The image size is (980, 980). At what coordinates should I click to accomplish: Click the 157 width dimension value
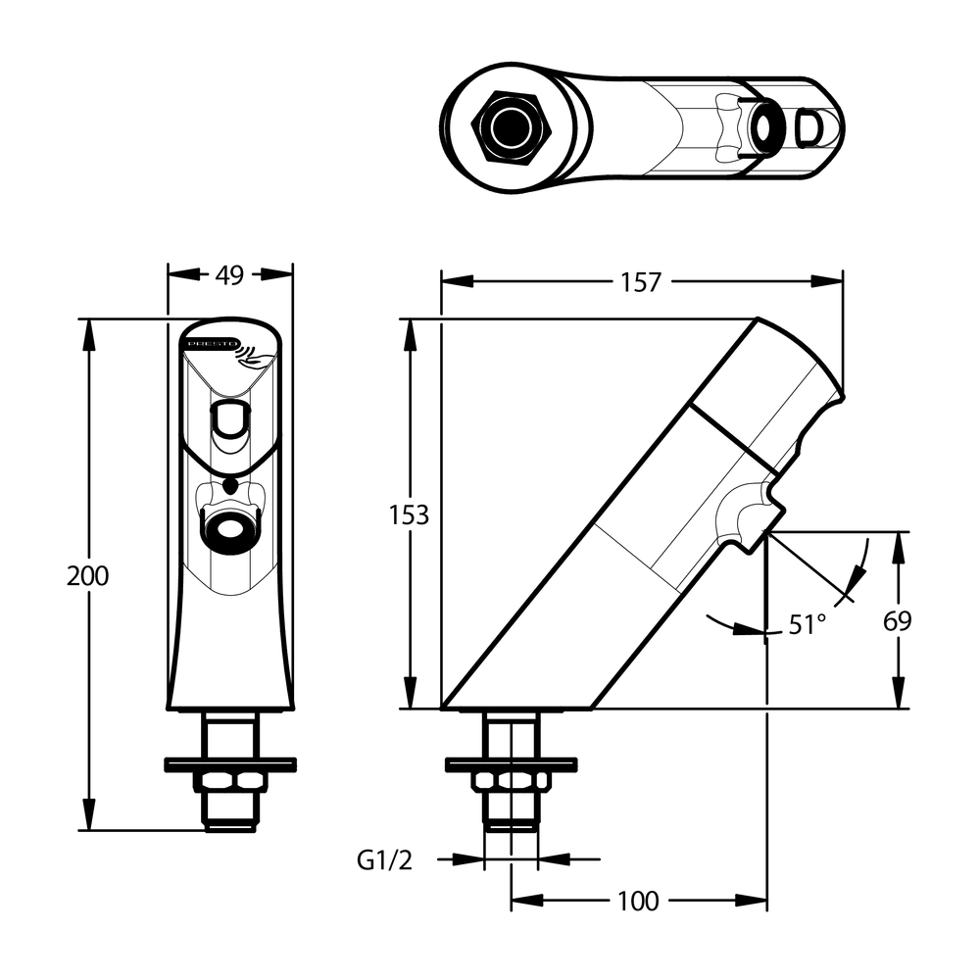pyautogui.click(x=642, y=281)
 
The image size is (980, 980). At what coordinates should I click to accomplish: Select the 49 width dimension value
pyautogui.click(x=229, y=276)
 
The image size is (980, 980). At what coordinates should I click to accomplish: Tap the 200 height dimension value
pyautogui.click(x=88, y=575)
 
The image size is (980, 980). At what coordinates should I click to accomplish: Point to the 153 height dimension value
pyautogui.click(x=409, y=515)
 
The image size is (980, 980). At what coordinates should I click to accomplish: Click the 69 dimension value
pyautogui.click(x=898, y=620)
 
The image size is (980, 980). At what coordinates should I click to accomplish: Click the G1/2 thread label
pyautogui.click(x=385, y=860)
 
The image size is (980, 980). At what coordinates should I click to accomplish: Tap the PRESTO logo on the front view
pyautogui.click(x=206, y=345)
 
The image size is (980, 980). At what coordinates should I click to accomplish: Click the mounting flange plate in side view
pyautogui.click(x=511, y=761)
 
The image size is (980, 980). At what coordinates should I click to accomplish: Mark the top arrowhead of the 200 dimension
pyautogui.click(x=89, y=328)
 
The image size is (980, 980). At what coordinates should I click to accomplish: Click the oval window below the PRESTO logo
pyautogui.click(x=231, y=419)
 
